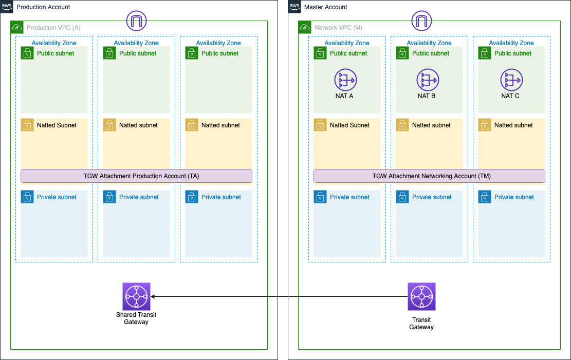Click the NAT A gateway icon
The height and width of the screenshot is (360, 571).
(x=345, y=80)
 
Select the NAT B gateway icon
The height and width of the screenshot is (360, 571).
(x=428, y=80)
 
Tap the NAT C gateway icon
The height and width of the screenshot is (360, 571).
(x=511, y=80)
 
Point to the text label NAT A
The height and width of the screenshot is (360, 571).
(x=344, y=96)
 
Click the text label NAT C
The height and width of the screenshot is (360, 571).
(x=510, y=96)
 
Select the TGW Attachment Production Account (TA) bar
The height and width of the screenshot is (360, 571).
(x=136, y=176)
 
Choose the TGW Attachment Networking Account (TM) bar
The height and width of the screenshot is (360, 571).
(x=429, y=176)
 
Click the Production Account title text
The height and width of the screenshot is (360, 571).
(x=43, y=7)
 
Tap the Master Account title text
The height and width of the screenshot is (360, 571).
(x=326, y=7)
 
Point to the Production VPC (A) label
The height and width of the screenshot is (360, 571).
(x=53, y=27)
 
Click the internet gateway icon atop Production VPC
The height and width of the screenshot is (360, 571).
(x=137, y=21)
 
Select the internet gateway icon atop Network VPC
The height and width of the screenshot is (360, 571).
(x=421, y=21)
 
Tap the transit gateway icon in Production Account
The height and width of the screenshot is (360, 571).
(x=136, y=296)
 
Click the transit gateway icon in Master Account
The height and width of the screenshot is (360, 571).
(x=421, y=296)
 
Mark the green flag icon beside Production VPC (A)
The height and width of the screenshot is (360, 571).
(x=17, y=27)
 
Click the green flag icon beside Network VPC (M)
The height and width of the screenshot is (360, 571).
(x=305, y=27)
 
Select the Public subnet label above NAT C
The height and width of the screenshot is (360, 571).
(x=513, y=53)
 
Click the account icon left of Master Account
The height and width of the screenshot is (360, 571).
(x=294, y=7)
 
